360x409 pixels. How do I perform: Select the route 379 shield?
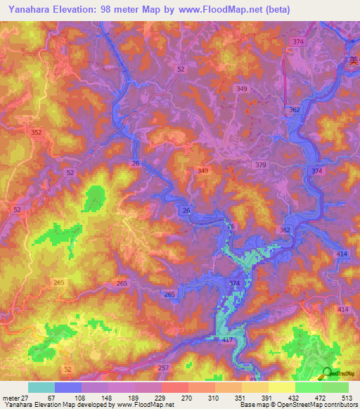coord(262,164)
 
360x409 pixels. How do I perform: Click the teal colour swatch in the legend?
coord(41,387)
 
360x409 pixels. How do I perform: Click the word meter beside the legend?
coord(11,397)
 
